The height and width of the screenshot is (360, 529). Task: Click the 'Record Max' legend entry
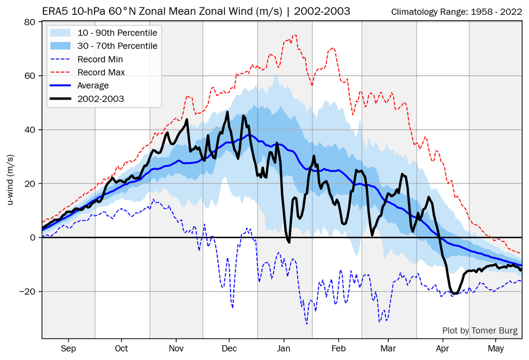click(101, 72)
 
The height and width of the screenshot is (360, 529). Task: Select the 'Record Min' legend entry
click(100, 59)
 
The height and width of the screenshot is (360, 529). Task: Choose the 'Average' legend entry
click(93, 85)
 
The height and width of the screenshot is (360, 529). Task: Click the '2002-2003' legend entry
click(101, 98)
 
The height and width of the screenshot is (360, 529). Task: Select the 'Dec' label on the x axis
click(229, 348)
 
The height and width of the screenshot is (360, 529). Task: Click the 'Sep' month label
click(68, 348)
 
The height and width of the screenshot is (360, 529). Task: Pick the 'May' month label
click(496, 348)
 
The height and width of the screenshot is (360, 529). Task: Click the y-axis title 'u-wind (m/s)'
click(10, 180)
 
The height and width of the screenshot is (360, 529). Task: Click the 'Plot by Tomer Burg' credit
click(480, 331)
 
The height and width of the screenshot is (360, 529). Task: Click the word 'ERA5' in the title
click(53, 11)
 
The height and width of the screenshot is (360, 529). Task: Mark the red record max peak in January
click(295, 35)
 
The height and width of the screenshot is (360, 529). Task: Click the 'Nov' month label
click(176, 348)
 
